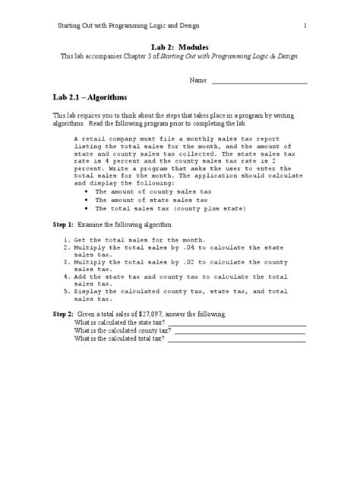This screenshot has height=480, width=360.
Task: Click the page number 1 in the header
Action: click(x=305, y=27)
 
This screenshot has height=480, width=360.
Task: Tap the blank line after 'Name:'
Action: click(x=259, y=81)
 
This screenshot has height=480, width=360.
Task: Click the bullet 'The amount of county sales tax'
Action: click(x=143, y=193)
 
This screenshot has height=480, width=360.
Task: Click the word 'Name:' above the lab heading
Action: click(x=197, y=80)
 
